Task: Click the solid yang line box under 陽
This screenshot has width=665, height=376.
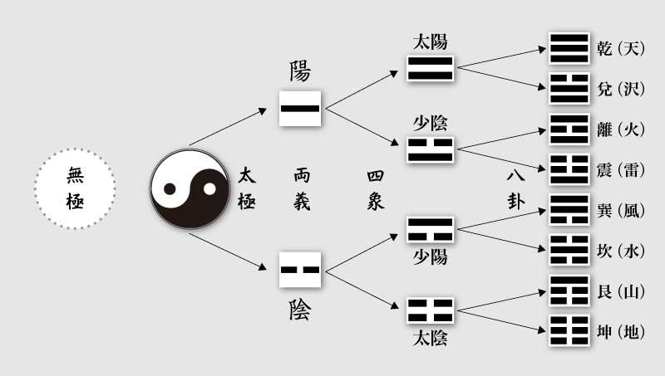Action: [x=300, y=108]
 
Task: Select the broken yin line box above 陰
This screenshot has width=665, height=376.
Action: [x=300, y=270]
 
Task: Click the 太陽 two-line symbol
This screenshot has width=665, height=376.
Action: [x=430, y=68]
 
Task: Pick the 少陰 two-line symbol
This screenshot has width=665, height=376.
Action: [x=430, y=150]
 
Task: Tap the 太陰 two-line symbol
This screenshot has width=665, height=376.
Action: [x=430, y=310]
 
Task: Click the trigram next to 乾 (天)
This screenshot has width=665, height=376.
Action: [x=569, y=48]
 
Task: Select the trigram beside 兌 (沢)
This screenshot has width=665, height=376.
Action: [x=569, y=89]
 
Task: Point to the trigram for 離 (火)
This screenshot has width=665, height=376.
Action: [x=569, y=129]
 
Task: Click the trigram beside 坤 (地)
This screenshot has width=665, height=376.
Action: [x=569, y=333]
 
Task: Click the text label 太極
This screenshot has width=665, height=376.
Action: [x=247, y=188]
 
